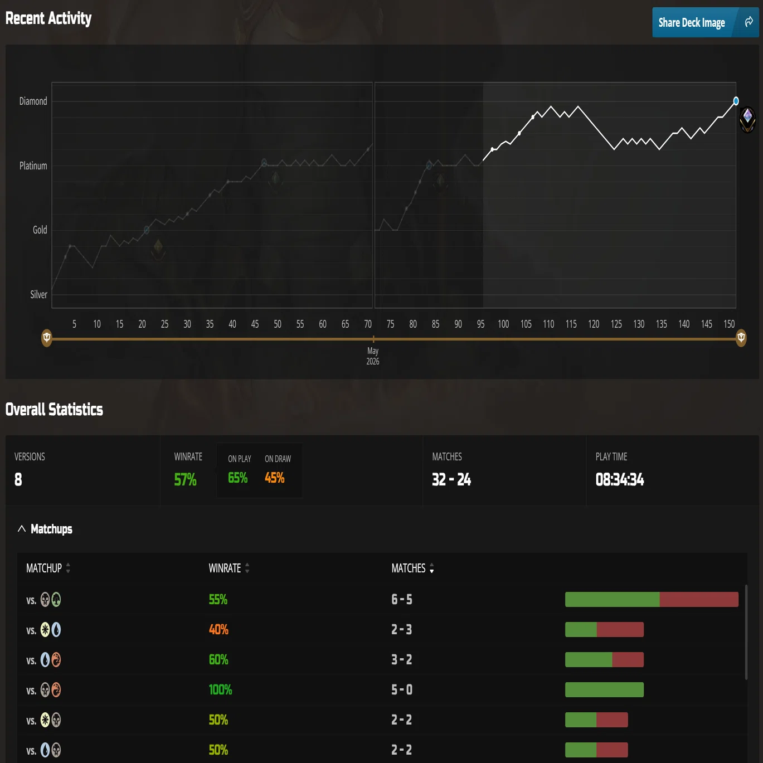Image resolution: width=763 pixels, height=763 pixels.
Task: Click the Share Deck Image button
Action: coord(705,22)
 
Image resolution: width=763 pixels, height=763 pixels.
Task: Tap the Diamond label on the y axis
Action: coord(33,101)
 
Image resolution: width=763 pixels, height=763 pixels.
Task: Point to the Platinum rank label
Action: coord(33,166)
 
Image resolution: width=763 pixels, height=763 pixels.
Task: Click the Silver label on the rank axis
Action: coord(39,295)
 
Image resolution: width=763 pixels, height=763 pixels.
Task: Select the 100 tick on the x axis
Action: coord(503,324)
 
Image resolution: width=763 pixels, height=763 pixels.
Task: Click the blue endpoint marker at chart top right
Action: coord(736,101)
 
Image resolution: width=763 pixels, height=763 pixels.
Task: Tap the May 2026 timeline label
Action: coord(373,356)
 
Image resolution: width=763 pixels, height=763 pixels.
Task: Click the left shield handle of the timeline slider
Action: coord(47,338)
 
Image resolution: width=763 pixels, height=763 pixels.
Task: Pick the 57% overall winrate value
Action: coord(185,479)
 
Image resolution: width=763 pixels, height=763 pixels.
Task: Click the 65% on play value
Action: coord(237,478)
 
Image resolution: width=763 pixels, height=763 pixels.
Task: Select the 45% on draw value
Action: coord(274,478)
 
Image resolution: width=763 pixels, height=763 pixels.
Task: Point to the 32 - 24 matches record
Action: coord(451,479)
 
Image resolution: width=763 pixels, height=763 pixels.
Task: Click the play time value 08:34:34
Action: coord(620,479)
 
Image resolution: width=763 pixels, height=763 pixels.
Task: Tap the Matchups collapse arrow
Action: coord(22,528)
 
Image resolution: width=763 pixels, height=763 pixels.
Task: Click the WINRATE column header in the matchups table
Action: coord(225,568)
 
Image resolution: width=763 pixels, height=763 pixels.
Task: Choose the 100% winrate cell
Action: coord(220,690)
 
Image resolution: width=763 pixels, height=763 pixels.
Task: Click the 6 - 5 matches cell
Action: coord(401,600)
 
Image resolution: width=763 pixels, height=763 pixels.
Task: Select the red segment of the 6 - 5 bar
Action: coord(699,600)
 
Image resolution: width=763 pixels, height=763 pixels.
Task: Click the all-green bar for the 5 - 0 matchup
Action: coord(604,690)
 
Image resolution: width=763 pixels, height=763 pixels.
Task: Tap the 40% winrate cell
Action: coord(218,630)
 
